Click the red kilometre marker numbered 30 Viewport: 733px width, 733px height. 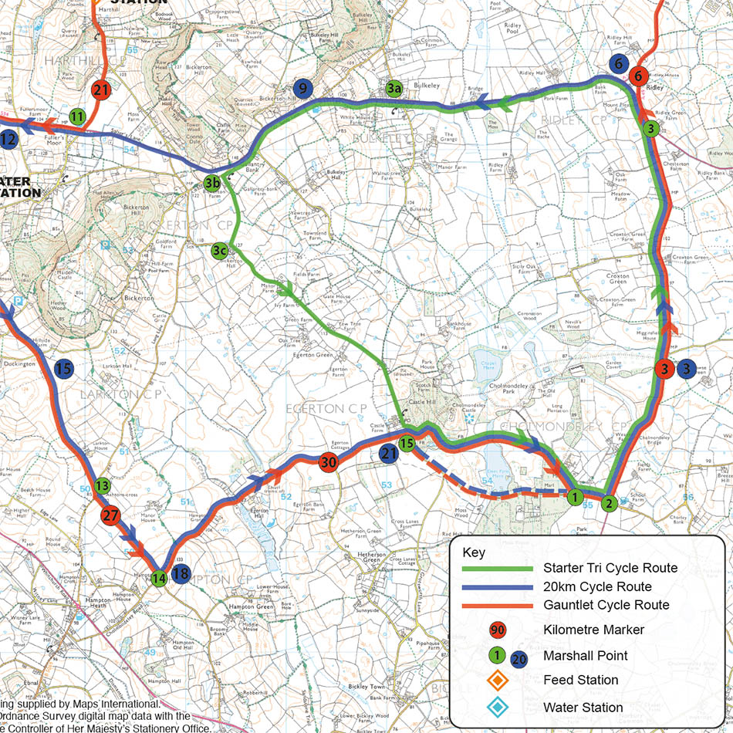(328, 462)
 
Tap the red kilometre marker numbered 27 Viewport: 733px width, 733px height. (111, 515)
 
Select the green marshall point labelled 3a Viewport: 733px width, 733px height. (394, 90)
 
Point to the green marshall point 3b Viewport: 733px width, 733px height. (212, 183)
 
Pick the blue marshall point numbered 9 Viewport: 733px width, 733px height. (302, 89)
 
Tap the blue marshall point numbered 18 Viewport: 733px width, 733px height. (181, 573)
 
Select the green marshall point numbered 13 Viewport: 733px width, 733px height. (103, 486)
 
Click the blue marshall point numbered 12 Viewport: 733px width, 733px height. (8, 140)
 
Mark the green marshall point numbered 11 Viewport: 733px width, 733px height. (77, 117)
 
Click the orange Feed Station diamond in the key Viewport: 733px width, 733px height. (498, 680)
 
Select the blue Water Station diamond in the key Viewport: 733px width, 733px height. (498, 707)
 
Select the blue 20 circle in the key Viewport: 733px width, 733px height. (519, 659)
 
